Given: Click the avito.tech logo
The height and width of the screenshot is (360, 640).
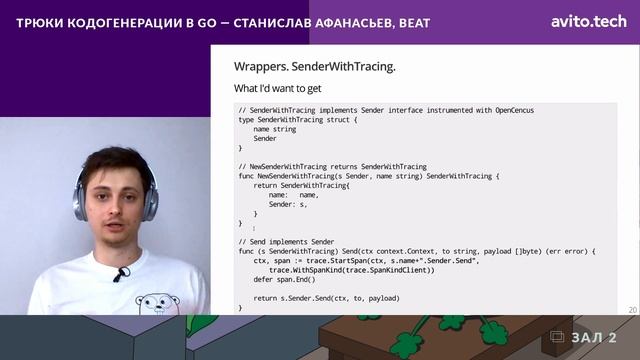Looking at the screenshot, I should click(x=587, y=20).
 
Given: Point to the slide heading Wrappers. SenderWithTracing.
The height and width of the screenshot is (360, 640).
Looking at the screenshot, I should click(x=314, y=67).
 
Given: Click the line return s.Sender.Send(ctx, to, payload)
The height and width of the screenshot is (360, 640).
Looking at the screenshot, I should click(x=326, y=298).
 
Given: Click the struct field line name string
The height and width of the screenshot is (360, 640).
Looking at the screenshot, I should click(x=274, y=129).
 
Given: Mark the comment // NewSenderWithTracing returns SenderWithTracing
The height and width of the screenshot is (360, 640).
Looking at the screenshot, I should click(x=332, y=166).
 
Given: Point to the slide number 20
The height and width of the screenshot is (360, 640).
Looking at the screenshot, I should click(x=632, y=311).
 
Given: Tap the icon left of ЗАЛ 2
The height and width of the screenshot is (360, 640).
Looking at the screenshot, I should click(x=557, y=337).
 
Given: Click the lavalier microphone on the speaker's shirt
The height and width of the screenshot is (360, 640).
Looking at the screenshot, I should click(x=119, y=274).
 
